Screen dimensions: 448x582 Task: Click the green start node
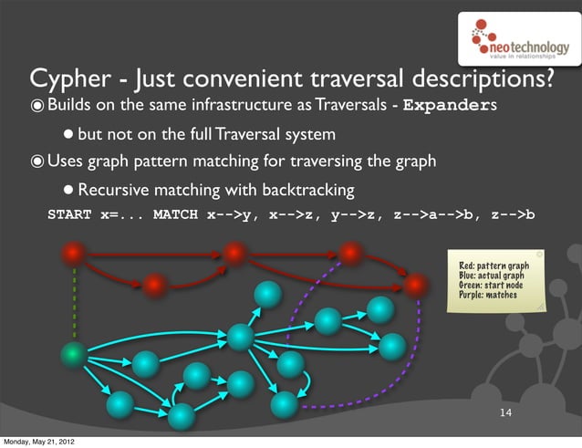[x=74, y=353]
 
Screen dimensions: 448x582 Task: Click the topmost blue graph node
[x=267, y=294]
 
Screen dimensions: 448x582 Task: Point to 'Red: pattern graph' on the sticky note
[x=494, y=266]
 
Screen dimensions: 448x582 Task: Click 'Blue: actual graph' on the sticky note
[x=491, y=275]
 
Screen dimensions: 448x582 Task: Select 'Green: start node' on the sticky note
[x=490, y=285]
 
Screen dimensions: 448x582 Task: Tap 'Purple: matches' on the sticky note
[x=487, y=295]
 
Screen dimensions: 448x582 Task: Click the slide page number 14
[x=505, y=415]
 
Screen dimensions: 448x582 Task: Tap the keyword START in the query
[x=69, y=216]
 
